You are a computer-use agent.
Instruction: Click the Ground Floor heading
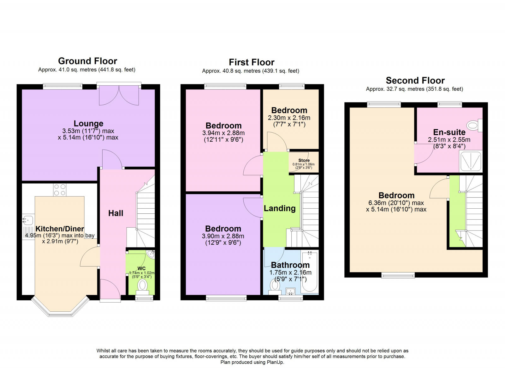[87, 61]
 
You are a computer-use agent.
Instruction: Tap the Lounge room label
[88, 124]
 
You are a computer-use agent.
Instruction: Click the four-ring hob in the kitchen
[60, 189]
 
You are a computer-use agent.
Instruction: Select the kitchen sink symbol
[27, 219]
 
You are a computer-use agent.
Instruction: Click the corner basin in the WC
[151, 254]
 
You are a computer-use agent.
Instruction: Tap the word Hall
[116, 213]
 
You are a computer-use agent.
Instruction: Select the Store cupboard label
[304, 161]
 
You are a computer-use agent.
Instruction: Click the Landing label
[280, 208]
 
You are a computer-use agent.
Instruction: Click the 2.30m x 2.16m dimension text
[289, 118]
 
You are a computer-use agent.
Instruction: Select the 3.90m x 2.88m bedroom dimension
[223, 236]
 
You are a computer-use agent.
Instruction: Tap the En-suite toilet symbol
[474, 126]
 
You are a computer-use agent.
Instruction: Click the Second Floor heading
[415, 81]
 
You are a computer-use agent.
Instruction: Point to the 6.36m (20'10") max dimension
[396, 203]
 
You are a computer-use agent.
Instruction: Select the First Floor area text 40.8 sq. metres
[241, 71]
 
